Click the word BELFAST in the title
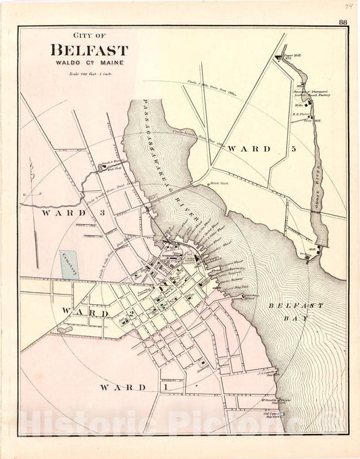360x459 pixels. click(x=88, y=50)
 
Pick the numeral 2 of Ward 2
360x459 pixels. click(x=132, y=314)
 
